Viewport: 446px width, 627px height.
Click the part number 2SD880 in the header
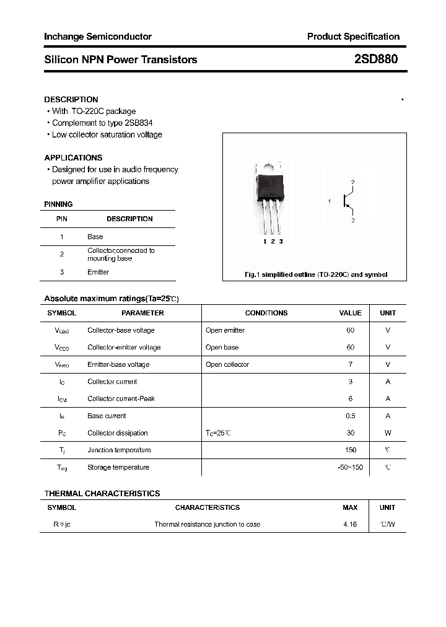click(x=376, y=59)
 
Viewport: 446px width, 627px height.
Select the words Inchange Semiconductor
click(x=98, y=37)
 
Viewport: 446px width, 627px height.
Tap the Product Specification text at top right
click(x=353, y=37)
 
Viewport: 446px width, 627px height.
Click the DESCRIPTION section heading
click(x=71, y=99)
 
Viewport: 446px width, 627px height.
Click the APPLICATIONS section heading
click(x=73, y=157)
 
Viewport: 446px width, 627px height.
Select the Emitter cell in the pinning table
click(x=98, y=272)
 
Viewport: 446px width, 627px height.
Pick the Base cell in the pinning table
click(x=95, y=237)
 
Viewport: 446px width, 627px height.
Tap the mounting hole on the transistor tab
click(x=270, y=166)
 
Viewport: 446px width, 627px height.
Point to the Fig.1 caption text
click(x=315, y=274)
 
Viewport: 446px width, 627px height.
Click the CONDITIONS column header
click(x=266, y=313)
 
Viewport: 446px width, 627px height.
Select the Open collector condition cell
click(x=227, y=364)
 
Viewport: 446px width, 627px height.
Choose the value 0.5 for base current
click(x=351, y=416)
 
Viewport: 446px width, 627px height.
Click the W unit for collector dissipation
click(x=388, y=433)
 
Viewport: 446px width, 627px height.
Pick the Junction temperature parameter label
click(x=119, y=450)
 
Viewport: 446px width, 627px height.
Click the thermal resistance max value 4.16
click(x=350, y=524)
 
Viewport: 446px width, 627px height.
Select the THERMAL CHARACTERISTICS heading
click(x=102, y=493)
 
